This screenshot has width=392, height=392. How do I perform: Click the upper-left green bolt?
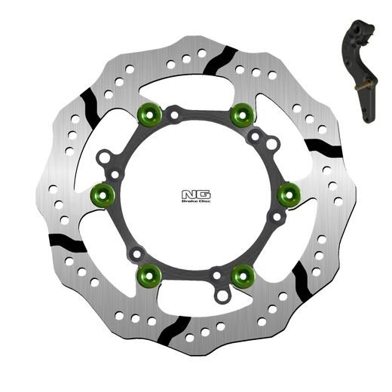point(149,115)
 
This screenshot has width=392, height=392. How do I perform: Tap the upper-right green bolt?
point(241,115)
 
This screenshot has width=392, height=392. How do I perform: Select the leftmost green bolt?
point(101,196)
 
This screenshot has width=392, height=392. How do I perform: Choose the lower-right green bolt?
point(241,276)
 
